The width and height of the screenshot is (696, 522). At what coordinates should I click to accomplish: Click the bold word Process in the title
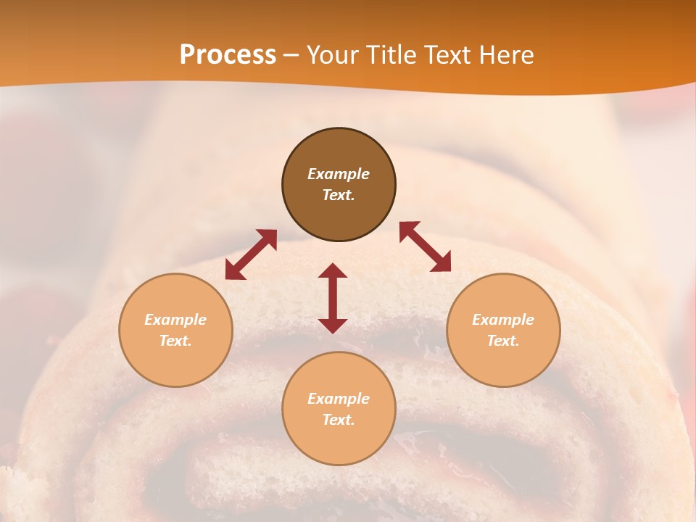228,55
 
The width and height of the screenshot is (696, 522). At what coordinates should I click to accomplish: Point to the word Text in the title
454,55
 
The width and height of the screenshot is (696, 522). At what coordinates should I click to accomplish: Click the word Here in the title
510,55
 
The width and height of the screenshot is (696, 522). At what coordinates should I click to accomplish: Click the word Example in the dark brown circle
339,174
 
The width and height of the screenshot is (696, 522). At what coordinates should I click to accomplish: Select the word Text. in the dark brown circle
339,195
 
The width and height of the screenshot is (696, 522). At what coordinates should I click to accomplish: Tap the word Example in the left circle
175,320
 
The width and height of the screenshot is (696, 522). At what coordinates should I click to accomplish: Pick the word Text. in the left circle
175,341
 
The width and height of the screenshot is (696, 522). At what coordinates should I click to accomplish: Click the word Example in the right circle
503,320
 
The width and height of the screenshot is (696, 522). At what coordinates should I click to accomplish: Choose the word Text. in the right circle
503,341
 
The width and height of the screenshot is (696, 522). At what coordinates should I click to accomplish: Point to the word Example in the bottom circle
339,399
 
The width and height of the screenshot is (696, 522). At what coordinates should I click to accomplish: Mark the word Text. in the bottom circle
339,420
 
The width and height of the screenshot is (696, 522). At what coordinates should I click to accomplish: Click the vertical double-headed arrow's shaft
333,298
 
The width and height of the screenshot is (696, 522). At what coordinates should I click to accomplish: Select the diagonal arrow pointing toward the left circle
251,254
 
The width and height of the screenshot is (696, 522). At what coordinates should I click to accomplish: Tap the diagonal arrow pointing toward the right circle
426,246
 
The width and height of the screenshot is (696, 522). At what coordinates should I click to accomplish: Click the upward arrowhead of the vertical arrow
333,270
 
